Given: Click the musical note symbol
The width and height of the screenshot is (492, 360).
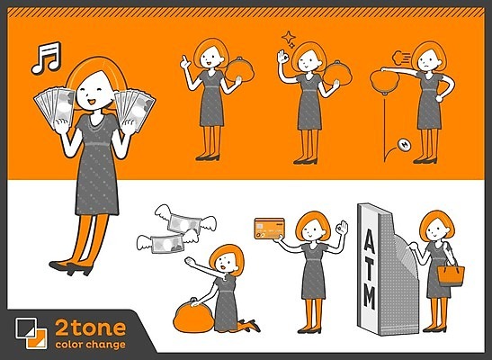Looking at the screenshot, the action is (x=46, y=58).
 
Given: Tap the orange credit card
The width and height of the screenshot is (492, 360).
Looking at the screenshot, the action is (x=270, y=229).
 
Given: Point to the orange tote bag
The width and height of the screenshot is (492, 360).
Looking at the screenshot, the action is (x=451, y=274).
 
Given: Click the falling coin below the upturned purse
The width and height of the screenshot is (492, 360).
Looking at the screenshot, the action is (x=404, y=145).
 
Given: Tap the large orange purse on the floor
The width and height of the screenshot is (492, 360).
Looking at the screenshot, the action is (x=193, y=316).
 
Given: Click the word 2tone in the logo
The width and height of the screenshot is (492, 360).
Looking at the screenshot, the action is (x=90, y=328).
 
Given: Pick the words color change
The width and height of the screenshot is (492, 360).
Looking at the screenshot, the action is (x=90, y=345).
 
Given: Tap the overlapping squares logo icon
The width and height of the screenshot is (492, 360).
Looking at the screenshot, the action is (x=31, y=333).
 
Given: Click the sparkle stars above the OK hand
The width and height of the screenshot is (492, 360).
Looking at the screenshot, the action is (x=289, y=40).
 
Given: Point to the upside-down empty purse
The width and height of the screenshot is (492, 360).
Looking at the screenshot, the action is (x=384, y=82).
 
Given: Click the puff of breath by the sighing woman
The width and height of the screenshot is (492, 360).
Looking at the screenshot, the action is (x=401, y=57).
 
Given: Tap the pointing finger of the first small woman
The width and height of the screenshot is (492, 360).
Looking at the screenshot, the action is (x=185, y=61).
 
